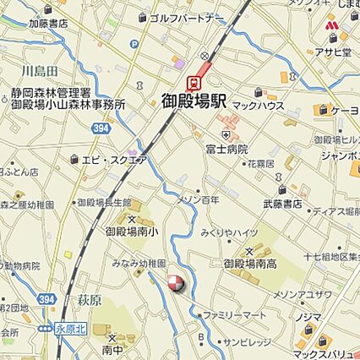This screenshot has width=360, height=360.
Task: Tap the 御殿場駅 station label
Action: (194, 101)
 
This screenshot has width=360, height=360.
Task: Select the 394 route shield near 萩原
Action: (47, 299)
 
